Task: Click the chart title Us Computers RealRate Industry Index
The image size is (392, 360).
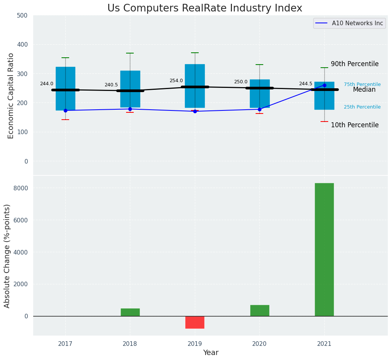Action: [204, 8]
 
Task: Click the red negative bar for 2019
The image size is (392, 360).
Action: [195, 322]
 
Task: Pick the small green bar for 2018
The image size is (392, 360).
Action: [130, 312]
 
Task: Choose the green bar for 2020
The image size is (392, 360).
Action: [259, 310]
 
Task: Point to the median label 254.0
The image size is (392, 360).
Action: [176, 81]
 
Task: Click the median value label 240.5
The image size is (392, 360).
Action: [111, 85]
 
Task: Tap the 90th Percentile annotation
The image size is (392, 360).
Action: [355, 64]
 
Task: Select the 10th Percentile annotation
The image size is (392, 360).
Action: [355, 125]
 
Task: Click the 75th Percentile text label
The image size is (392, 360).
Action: [362, 84]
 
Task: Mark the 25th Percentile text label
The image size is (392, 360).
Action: [362, 107]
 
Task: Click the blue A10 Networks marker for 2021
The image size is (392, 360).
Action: [324, 85]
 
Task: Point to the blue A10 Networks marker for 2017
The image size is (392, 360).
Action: [65, 110]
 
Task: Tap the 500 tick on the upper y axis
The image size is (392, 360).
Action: [23, 15]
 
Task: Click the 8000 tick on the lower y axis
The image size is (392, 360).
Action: [21, 188]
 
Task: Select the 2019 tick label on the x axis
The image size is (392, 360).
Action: [195, 344]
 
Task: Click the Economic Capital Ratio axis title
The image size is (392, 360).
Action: [11, 96]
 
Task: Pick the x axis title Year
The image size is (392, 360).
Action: [211, 353]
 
